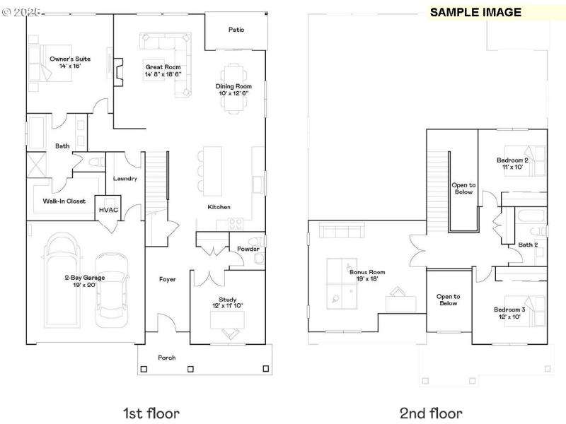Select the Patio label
coord(236,30)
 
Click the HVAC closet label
coord(108,210)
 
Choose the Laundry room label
coord(125,179)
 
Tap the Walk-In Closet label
coord(64,201)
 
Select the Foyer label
coord(167,280)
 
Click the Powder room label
coord(248,249)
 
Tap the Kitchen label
coord(219,207)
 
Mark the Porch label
coord(166,358)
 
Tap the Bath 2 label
coord(528,245)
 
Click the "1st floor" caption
coord(151,413)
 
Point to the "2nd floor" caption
coord(430,413)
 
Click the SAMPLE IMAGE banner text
coord(475,12)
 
